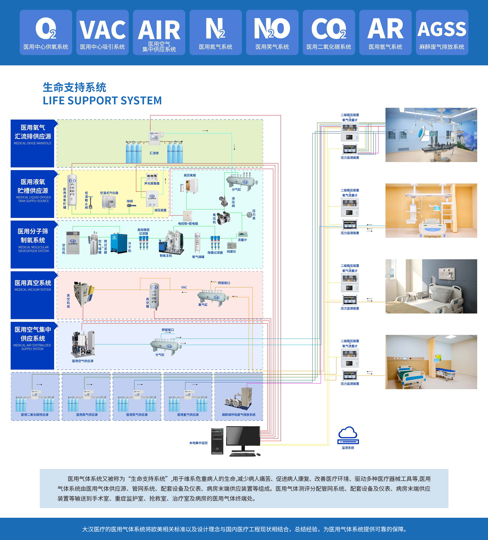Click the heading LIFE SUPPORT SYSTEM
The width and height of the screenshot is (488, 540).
102,101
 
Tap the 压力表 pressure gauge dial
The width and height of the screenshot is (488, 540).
250,214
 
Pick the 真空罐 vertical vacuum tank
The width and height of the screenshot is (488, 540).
154,296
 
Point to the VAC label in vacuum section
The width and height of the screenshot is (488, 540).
184,287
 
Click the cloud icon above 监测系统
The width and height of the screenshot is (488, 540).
348,433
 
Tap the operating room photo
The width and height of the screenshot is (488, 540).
431,135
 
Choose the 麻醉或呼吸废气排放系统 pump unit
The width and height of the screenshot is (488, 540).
238,399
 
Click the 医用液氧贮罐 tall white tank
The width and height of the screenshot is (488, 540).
72,192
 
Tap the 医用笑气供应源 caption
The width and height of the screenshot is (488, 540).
137,415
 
